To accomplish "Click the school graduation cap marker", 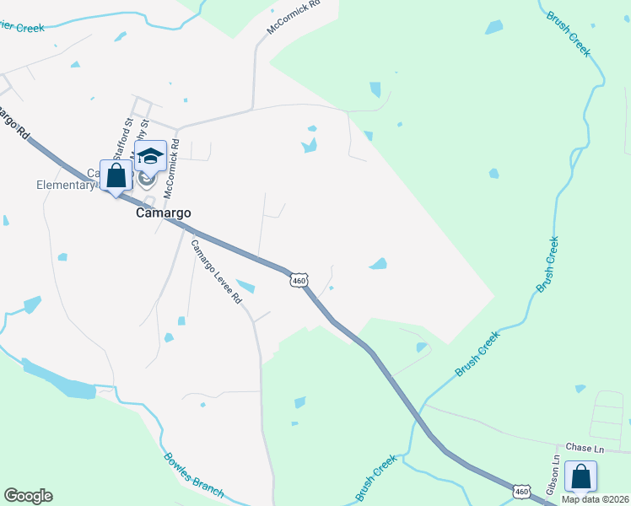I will [150, 158].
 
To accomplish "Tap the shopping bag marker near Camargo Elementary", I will [116, 176].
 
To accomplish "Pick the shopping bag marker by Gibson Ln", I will [580, 477].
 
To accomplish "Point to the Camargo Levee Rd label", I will [216, 272].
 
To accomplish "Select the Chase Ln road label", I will [580, 447].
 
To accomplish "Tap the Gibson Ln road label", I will [553, 476].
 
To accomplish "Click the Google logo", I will [28, 496].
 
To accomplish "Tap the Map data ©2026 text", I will [594, 498].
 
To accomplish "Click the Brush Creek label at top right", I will [569, 33].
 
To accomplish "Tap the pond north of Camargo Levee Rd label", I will [246, 286].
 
